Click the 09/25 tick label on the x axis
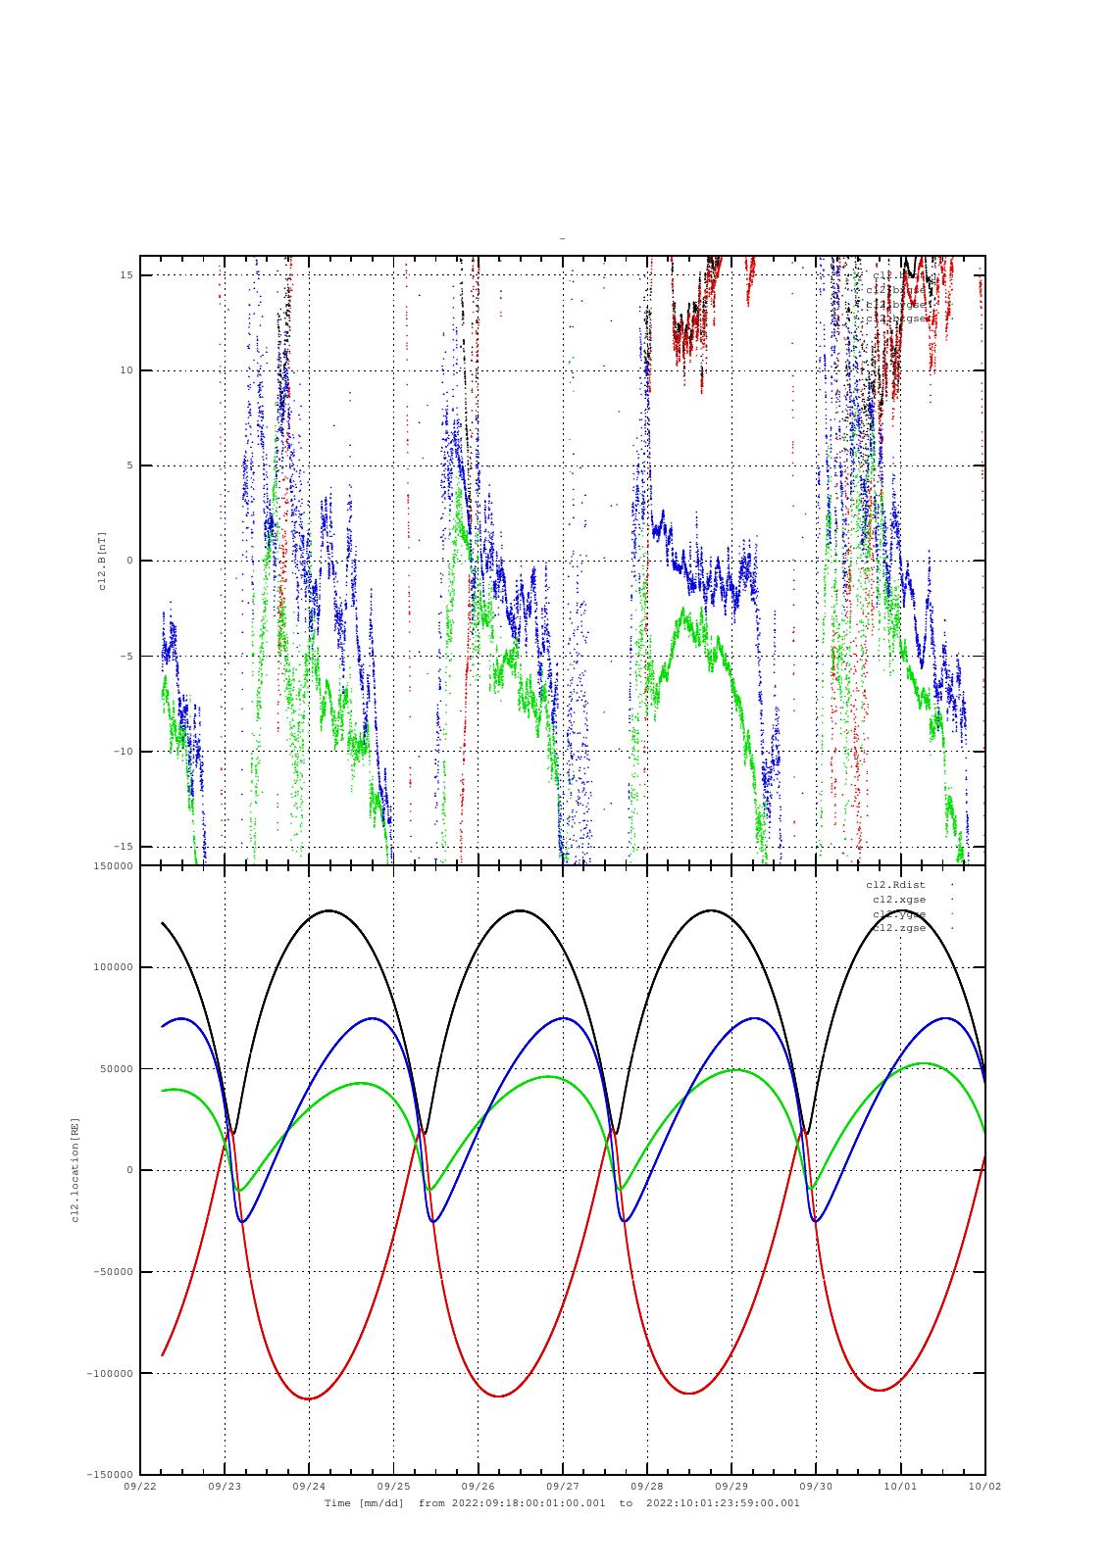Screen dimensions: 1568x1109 [x=393, y=1486]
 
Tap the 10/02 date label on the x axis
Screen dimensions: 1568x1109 [x=984, y=1486]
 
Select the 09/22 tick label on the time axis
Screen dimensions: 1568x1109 [x=140, y=1486]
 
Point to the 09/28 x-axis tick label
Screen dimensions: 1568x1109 [x=647, y=1486]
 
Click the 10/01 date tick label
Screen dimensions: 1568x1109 [x=900, y=1486]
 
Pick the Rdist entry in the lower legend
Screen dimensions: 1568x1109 [x=895, y=885]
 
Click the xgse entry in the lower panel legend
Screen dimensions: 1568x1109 [x=898, y=900]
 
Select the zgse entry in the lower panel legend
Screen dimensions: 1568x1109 [x=898, y=928]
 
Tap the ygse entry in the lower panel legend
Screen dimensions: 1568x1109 [x=898, y=914]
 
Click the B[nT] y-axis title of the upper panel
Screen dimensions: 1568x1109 [x=102, y=561]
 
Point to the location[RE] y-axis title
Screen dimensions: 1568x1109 [x=76, y=1170]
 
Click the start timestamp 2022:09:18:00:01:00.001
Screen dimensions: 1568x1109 [x=529, y=1503]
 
